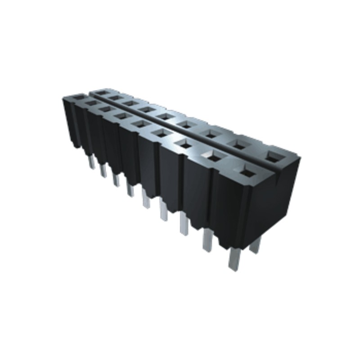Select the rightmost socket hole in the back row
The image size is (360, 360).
(x=271, y=156)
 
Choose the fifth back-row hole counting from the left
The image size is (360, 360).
(x=164, y=116)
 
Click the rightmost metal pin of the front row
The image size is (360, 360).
(x=234, y=260)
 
